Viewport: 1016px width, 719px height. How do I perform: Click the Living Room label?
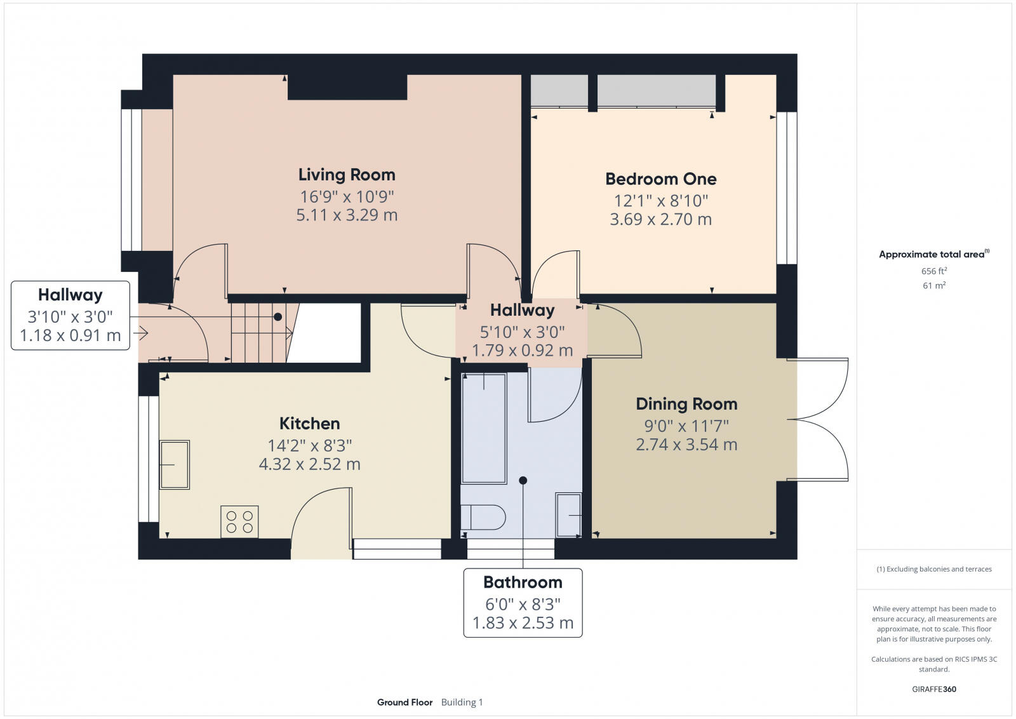(347, 175)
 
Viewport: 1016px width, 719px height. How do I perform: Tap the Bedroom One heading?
(660, 179)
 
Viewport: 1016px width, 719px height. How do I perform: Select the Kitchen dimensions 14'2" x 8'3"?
(310, 445)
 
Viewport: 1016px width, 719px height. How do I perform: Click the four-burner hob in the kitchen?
(239, 521)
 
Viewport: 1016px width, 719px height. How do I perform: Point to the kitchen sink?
(174, 465)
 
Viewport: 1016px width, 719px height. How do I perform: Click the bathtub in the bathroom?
(484, 429)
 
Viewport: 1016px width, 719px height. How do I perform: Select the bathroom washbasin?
(568, 515)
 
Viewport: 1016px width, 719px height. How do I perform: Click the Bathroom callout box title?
(523, 582)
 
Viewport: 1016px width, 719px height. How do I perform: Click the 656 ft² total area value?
(934, 271)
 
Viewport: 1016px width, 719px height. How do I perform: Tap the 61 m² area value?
(934, 286)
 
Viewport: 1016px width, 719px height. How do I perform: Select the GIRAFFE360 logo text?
(934, 689)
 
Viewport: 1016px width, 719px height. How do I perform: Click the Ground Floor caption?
(404, 702)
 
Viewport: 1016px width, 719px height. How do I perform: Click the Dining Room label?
(686, 404)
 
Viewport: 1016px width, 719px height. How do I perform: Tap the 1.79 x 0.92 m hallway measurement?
(522, 351)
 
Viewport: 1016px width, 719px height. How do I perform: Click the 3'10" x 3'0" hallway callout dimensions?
(70, 316)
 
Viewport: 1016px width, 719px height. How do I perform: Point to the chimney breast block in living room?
(347, 87)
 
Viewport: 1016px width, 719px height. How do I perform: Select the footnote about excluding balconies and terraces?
(934, 569)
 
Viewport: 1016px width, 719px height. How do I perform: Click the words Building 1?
(462, 702)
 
